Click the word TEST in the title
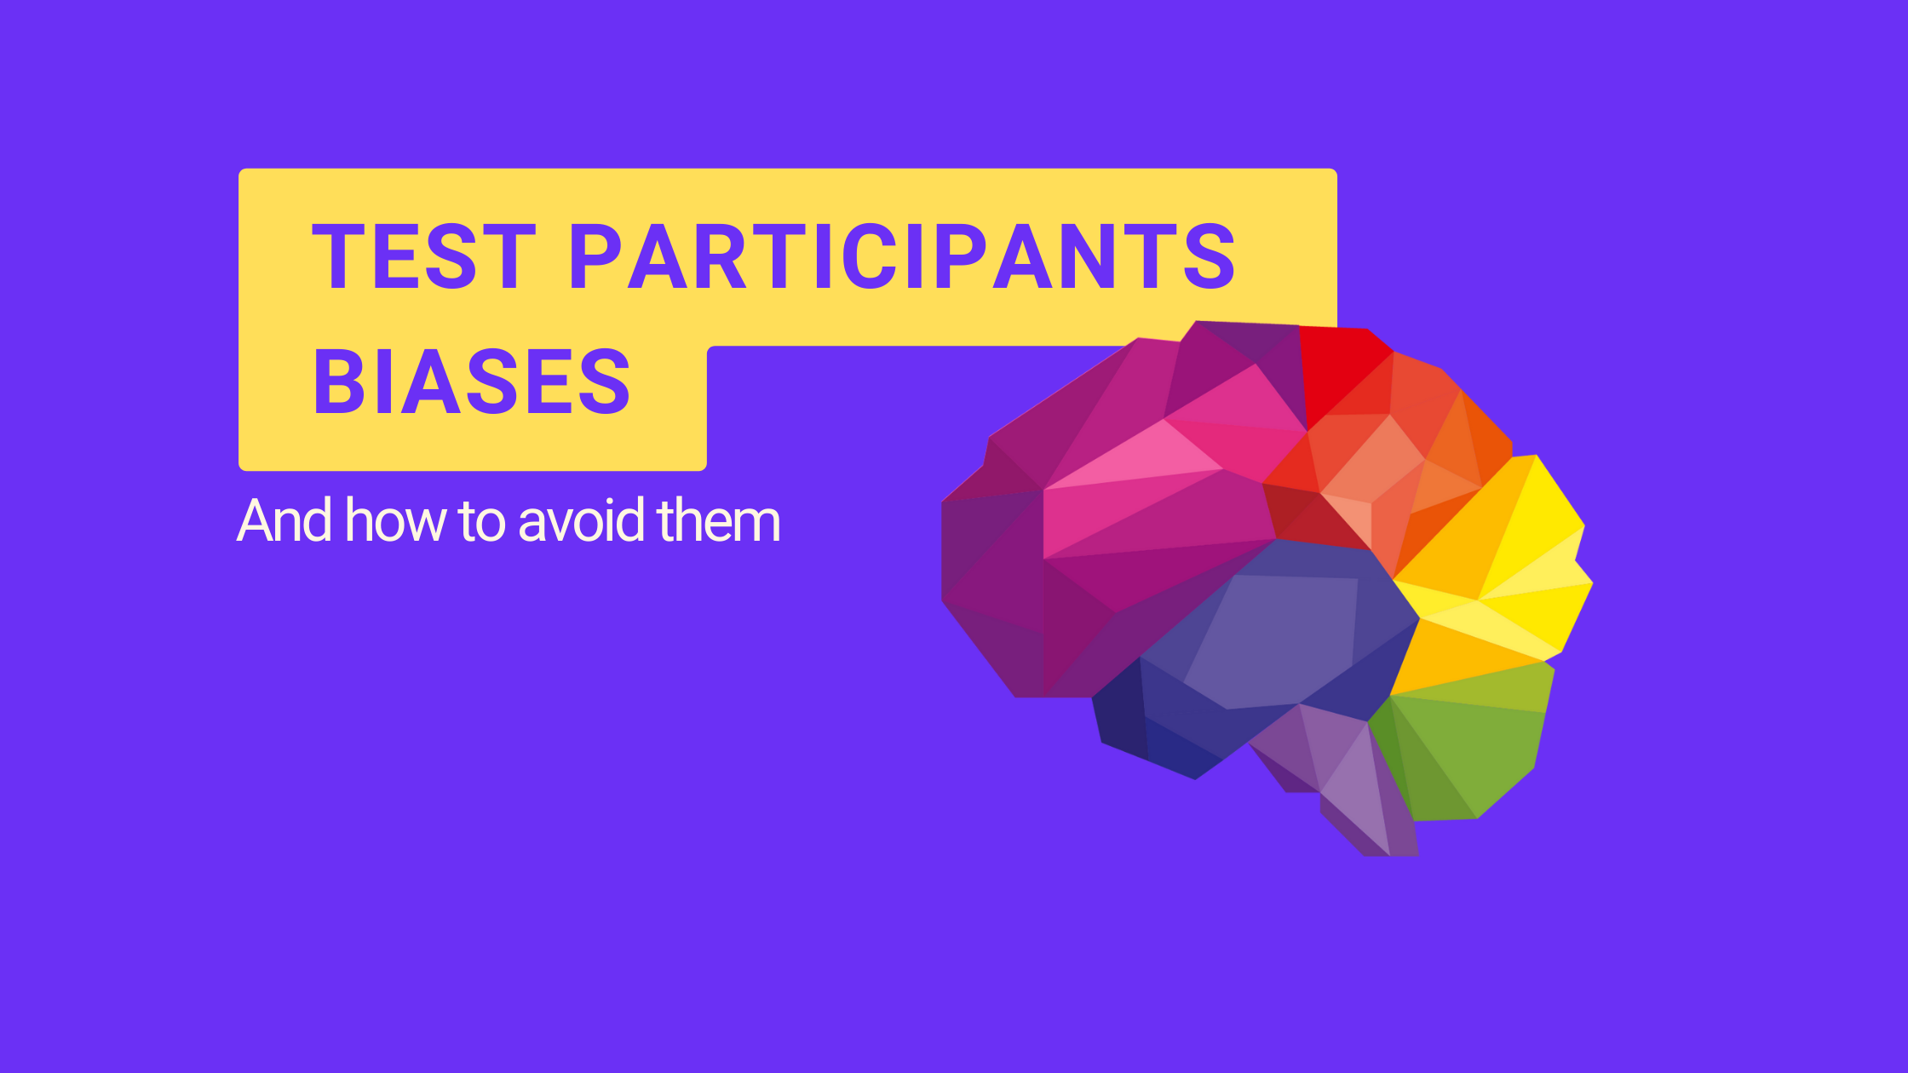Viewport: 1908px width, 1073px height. (424, 256)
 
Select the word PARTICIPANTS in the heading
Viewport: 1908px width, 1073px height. (902, 256)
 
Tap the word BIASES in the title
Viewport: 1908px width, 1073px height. (472, 382)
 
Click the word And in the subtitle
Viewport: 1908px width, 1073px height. (284, 520)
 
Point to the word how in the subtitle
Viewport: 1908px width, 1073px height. (395, 520)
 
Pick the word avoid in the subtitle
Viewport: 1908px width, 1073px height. (582, 520)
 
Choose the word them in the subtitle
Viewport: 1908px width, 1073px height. (719, 520)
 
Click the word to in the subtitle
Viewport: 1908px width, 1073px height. (481, 522)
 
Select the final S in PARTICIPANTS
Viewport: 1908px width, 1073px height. (1209, 256)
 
